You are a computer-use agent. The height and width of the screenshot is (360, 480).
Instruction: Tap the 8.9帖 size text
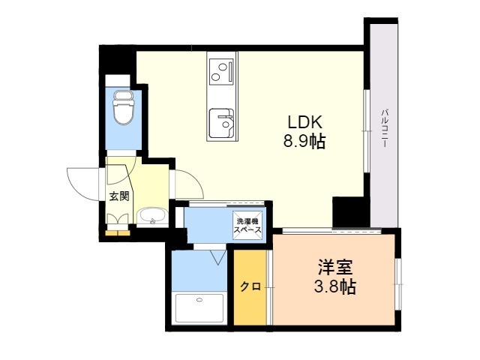click(x=303, y=141)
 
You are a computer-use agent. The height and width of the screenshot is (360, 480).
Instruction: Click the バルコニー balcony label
click(x=385, y=127)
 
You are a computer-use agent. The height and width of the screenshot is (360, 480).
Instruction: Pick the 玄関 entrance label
click(x=119, y=196)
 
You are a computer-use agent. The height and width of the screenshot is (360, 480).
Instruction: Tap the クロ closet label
click(x=250, y=286)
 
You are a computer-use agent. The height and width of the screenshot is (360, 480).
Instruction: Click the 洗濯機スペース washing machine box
click(x=247, y=226)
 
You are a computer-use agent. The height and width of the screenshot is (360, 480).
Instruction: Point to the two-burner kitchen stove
click(x=220, y=71)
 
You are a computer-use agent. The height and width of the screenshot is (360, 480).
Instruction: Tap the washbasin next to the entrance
click(x=153, y=217)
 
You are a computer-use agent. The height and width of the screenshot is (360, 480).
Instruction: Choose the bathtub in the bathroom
click(x=199, y=308)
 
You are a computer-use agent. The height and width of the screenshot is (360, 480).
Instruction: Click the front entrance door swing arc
click(x=84, y=179)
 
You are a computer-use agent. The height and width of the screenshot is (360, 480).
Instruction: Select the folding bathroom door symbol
click(x=218, y=256)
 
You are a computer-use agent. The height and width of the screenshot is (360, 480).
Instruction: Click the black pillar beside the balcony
click(x=349, y=211)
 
